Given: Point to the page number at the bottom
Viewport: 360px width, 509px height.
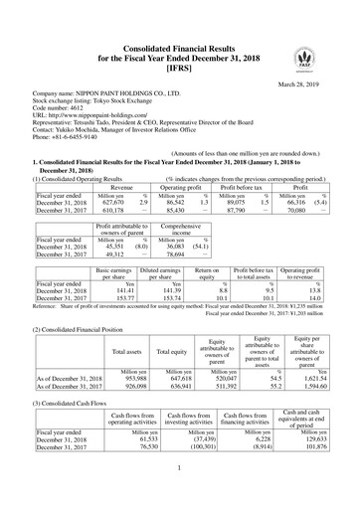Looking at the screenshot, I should tap(180, 494).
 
